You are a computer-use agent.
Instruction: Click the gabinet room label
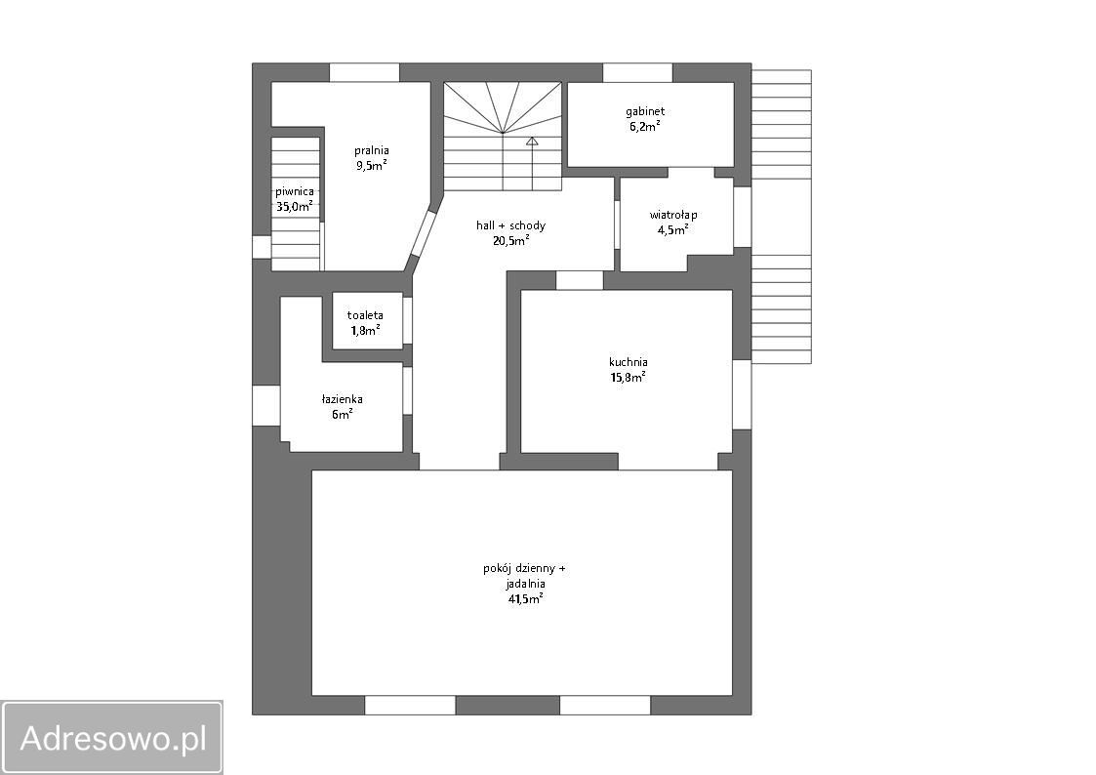(x=644, y=111)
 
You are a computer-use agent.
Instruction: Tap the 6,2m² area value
(x=644, y=127)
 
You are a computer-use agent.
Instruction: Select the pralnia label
(x=371, y=150)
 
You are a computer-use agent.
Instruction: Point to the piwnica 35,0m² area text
(x=295, y=206)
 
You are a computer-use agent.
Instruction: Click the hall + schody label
(x=510, y=225)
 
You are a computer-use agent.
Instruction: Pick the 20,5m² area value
(x=510, y=240)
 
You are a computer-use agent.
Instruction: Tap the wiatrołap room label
(x=672, y=215)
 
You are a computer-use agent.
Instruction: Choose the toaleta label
(x=365, y=315)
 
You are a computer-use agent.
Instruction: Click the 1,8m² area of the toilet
(x=365, y=331)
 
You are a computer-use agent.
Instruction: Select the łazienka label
(x=342, y=399)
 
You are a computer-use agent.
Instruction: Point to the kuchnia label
(x=628, y=362)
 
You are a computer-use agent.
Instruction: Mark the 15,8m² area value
(x=628, y=378)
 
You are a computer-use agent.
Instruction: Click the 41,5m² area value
(x=526, y=599)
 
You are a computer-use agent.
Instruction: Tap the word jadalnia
(x=525, y=584)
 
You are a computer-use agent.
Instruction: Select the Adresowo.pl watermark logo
(x=112, y=737)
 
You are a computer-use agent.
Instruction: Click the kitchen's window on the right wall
(x=742, y=394)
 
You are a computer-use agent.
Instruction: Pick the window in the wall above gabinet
(x=637, y=72)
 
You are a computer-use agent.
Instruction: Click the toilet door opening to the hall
(x=408, y=321)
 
